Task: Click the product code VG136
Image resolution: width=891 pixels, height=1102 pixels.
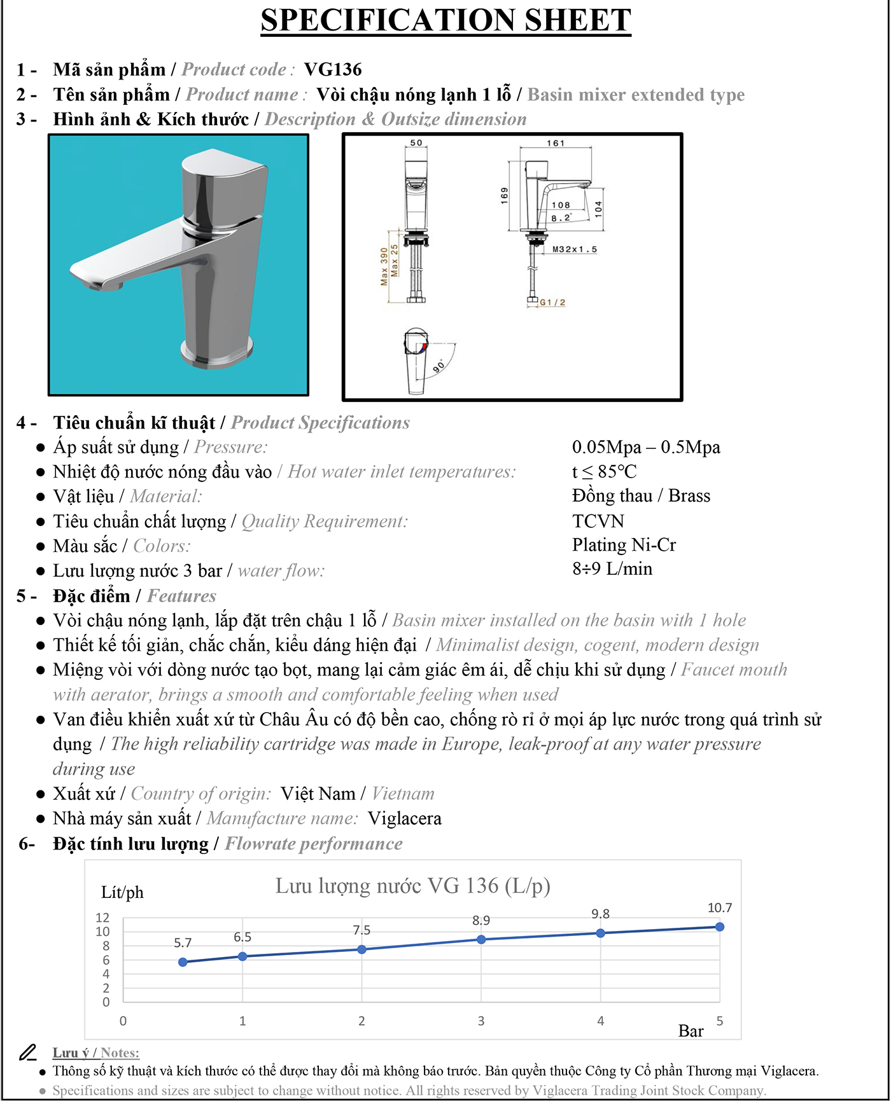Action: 332,69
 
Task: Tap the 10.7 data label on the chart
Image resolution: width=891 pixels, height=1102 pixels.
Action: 720,908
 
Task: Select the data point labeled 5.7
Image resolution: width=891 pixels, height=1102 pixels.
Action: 183,962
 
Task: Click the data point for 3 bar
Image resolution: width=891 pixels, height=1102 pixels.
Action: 481,939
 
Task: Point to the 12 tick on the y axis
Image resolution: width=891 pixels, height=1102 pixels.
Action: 102,918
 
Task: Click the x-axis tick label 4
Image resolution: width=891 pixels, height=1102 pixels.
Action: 600,1021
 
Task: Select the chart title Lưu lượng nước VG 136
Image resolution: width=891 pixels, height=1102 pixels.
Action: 412,886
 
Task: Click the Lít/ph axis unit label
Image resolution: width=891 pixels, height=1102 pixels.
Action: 122,893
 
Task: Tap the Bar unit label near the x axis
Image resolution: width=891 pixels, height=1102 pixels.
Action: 691,1031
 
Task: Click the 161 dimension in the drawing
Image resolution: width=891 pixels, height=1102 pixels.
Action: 555,143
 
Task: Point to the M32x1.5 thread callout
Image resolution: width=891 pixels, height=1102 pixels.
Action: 574,249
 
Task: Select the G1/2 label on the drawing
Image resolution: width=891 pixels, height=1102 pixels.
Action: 552,302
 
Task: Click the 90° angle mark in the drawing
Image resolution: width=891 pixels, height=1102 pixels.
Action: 439,366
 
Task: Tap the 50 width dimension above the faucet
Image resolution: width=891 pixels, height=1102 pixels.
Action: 416,142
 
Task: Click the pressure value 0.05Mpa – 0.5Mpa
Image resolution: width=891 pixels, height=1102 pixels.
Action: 646,447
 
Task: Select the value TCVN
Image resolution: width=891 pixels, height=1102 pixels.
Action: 598,521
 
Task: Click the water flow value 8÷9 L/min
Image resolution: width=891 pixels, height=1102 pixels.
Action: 612,568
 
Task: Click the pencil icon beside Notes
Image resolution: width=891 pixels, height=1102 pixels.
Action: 27,1053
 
